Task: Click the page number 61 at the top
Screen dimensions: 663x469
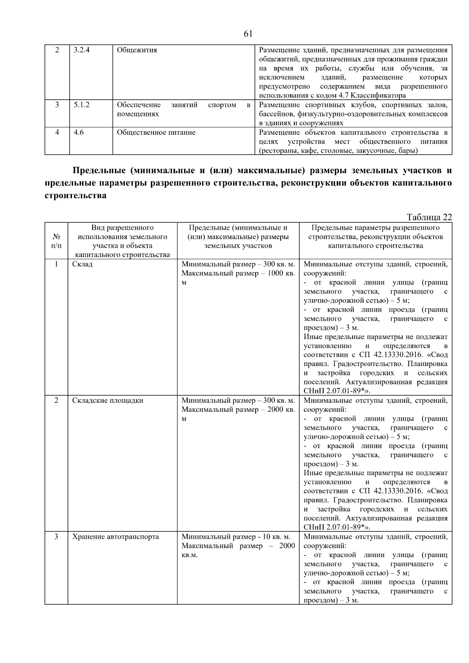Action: click(x=248, y=34)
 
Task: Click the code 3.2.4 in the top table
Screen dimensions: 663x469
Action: click(x=82, y=50)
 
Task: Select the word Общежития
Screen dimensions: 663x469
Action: click(x=137, y=50)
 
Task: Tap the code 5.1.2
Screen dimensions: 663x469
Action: click(x=81, y=105)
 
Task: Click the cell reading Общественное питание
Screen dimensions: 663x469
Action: click(x=156, y=132)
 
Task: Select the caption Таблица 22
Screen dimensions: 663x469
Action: click(x=429, y=218)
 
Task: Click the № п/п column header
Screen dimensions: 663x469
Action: click(x=56, y=241)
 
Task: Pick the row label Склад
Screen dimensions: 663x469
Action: click(x=82, y=264)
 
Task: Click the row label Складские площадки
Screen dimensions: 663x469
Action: click(x=108, y=400)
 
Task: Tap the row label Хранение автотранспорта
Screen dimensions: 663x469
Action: click(x=116, y=537)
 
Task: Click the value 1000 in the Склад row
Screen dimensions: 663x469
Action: click(x=276, y=273)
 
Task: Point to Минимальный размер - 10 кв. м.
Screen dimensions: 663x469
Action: click(x=236, y=537)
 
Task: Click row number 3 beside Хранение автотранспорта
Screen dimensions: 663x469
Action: click(x=56, y=537)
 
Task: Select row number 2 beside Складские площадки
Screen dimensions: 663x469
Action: click(x=56, y=400)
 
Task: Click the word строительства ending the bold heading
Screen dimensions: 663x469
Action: click(x=75, y=196)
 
